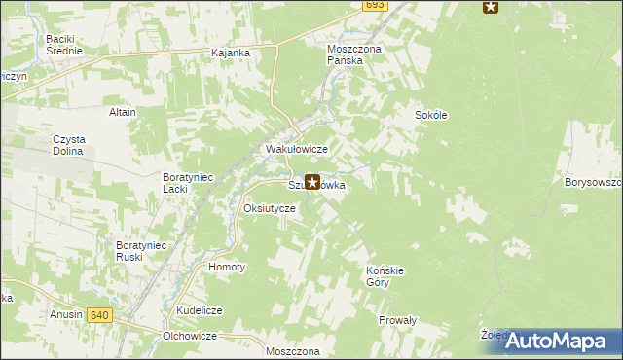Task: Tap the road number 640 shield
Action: click(x=98, y=315)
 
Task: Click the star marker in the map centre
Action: click(x=312, y=181)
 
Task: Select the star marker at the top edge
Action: click(x=491, y=7)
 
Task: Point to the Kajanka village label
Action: click(x=231, y=52)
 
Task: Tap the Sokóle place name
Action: click(x=431, y=114)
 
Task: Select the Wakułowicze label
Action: click(x=297, y=149)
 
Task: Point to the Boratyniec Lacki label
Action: click(x=188, y=183)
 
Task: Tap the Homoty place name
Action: click(x=228, y=266)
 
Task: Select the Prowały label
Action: click(x=397, y=319)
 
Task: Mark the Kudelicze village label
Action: click(x=200, y=309)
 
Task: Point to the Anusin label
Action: click(x=66, y=315)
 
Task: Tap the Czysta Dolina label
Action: click(x=70, y=145)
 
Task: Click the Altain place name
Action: click(x=123, y=112)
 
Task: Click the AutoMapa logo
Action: click(x=560, y=341)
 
